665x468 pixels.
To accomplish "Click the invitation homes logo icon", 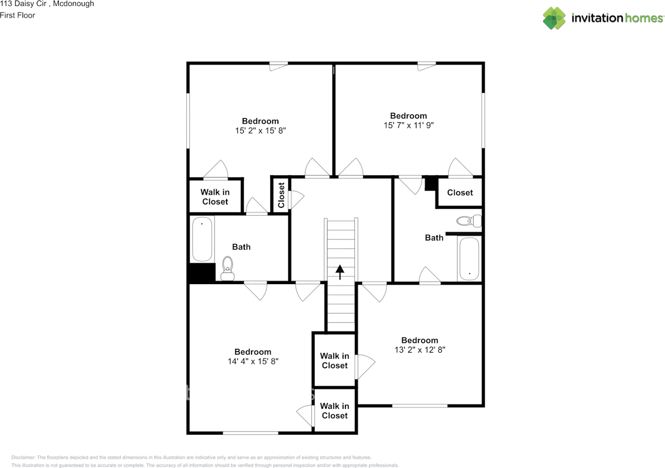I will coord(554,18).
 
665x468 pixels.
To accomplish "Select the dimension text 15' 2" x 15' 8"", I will coord(260,131).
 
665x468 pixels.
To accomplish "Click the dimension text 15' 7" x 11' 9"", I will coord(408,125).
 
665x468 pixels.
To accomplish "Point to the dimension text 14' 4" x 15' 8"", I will coord(252,362).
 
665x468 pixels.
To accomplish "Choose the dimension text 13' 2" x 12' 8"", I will coord(419,350).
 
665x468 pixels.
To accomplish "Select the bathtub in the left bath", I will coord(202,239).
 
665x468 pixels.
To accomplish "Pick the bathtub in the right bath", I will coord(470,259).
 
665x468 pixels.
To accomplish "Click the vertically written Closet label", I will coord(281,195).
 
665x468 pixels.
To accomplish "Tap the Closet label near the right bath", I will coord(460,193).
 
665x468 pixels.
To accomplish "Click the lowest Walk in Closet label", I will coord(334,411).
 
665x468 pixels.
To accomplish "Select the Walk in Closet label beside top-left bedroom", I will coord(215,197).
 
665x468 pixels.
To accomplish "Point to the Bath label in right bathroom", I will coord(434,238).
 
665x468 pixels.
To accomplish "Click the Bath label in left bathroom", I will coord(241,247).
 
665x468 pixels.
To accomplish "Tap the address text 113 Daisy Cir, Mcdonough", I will coord(47,4).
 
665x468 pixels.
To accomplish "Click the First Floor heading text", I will coord(18,15).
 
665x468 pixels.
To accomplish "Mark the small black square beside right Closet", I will coord(430,183).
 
